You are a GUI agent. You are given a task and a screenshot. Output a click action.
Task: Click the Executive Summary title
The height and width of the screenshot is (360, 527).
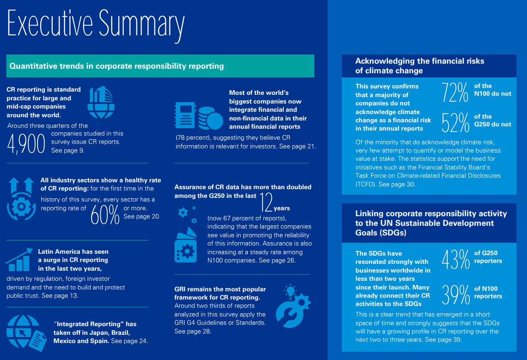point(96,24)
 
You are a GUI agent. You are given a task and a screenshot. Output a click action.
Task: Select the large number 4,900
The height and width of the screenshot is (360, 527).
point(26,144)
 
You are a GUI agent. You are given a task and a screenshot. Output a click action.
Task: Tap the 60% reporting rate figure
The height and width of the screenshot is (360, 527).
point(105,214)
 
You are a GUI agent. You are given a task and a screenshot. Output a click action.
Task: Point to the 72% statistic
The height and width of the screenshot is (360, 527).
point(455,93)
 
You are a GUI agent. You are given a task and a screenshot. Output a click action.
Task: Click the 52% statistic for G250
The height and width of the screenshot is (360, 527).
point(455,123)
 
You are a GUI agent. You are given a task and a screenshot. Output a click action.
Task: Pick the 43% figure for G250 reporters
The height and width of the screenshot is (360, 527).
point(456,259)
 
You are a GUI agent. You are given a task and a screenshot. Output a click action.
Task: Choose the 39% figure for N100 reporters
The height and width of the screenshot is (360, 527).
point(456,295)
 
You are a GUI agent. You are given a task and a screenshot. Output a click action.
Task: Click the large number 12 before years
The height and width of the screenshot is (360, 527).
point(266,202)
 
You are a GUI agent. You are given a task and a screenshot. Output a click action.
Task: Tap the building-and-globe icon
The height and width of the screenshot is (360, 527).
point(101,102)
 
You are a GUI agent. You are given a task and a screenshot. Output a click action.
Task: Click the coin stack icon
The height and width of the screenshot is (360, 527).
point(210,118)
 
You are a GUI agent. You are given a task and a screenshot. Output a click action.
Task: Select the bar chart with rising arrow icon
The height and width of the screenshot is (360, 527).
point(19,260)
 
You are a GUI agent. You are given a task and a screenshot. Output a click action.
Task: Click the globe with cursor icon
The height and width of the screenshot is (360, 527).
point(26,333)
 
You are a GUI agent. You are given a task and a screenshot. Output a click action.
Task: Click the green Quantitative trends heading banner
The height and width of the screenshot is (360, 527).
point(160,66)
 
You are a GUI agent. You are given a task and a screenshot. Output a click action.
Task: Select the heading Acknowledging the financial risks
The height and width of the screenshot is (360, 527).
point(420,61)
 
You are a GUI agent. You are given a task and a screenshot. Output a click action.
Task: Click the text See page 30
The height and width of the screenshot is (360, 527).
point(397,184)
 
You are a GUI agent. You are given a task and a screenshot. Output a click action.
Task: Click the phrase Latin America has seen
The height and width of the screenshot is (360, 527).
point(73,251)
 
